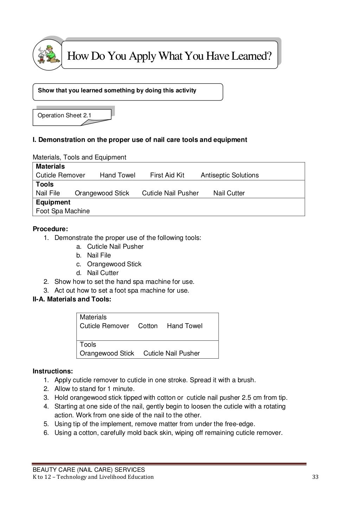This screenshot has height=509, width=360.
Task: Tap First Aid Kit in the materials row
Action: coord(167,175)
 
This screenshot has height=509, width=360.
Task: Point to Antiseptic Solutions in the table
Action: coord(230,175)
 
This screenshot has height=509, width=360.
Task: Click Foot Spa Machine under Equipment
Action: coord(63,211)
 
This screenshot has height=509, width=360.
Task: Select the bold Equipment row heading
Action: coord(53,202)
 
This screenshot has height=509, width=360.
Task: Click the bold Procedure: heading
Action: coord(50,229)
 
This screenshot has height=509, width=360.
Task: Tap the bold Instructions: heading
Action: coord(53,371)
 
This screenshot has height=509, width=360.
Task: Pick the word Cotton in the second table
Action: coord(148,326)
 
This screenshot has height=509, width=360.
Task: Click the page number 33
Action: coord(315,477)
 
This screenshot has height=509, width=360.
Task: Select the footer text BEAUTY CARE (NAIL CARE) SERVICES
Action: coord(89,470)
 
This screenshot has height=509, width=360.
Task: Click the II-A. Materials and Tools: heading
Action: coord(72,299)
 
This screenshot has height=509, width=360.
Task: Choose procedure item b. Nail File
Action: coord(99,255)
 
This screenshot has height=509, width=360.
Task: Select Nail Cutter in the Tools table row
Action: coord(229,193)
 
